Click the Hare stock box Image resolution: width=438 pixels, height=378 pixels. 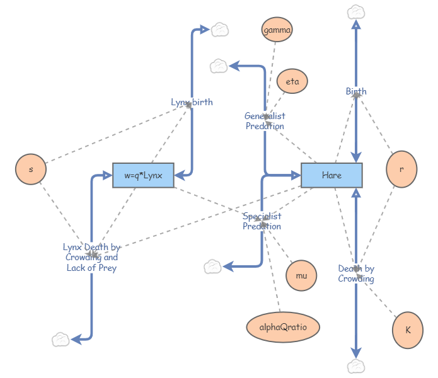point(331,175)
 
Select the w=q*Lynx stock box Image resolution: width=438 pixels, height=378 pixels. point(143,175)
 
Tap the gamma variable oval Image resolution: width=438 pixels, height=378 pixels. point(277,30)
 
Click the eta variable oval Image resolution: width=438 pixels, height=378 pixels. point(292,81)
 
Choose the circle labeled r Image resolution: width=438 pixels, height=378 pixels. point(401,169)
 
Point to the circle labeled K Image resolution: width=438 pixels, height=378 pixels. point(408,329)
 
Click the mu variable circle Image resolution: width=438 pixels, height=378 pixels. point(301,275)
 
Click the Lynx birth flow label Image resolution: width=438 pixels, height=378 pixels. point(192,102)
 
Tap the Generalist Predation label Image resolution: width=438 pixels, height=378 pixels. point(265,121)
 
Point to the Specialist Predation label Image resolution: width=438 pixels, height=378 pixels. point(262,221)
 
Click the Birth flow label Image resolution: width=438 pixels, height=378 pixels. point(356,91)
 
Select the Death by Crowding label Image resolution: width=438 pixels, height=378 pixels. point(356,273)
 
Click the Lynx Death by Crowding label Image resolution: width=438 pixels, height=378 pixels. point(91,257)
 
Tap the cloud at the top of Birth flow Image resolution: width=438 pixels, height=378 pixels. point(356,11)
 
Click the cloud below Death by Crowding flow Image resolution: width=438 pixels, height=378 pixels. point(356,366)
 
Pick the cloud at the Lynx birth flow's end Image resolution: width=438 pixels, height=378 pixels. point(219,29)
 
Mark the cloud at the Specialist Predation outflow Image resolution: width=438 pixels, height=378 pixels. point(213,267)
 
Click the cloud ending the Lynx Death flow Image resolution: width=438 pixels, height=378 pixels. point(61,340)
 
